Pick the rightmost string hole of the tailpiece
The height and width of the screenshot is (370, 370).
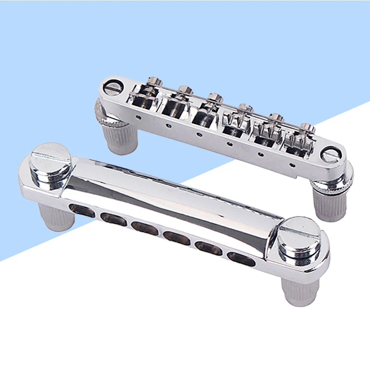[241, 258]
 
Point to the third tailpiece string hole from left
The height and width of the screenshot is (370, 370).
[144, 228]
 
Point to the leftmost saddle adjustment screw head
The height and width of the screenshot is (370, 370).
[154, 80]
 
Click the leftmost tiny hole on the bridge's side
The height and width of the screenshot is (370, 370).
[138, 117]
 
